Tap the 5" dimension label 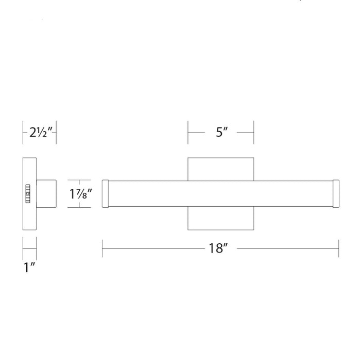(x=221, y=132)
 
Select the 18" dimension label (x=218, y=248)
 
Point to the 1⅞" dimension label (x=80, y=194)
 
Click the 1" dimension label (x=29, y=267)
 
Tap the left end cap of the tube (x=105, y=193)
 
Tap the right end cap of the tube (x=336, y=193)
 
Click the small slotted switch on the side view (x=28, y=193)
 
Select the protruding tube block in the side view (x=46, y=193)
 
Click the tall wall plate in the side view (x=29, y=193)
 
